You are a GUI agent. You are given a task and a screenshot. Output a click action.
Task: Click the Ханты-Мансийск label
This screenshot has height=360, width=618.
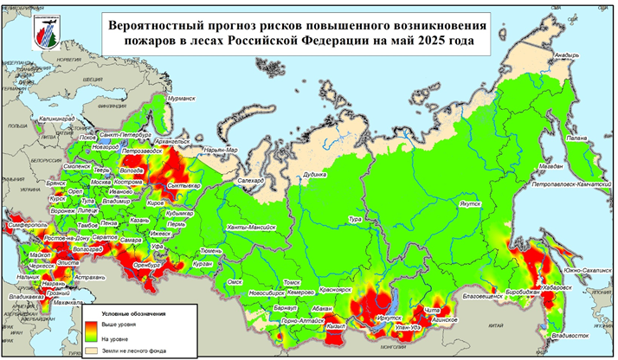pyautogui.click(x=250, y=227)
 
